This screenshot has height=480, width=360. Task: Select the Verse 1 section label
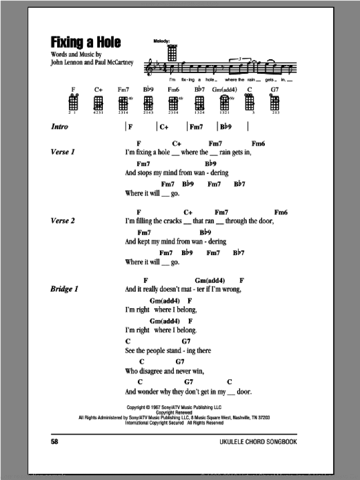[63, 152]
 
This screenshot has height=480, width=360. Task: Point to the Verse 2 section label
[63, 221]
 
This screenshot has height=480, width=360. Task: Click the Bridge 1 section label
[64, 290]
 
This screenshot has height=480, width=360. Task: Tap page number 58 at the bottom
[56, 442]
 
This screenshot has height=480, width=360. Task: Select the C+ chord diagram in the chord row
[99, 103]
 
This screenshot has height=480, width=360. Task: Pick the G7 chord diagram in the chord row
[275, 103]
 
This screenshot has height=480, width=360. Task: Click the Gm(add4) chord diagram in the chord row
[224, 103]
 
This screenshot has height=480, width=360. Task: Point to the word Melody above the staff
[162, 40]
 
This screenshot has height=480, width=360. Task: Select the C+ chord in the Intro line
[164, 127]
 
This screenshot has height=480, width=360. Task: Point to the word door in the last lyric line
[243, 392]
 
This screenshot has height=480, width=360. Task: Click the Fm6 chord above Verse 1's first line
[258, 144]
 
